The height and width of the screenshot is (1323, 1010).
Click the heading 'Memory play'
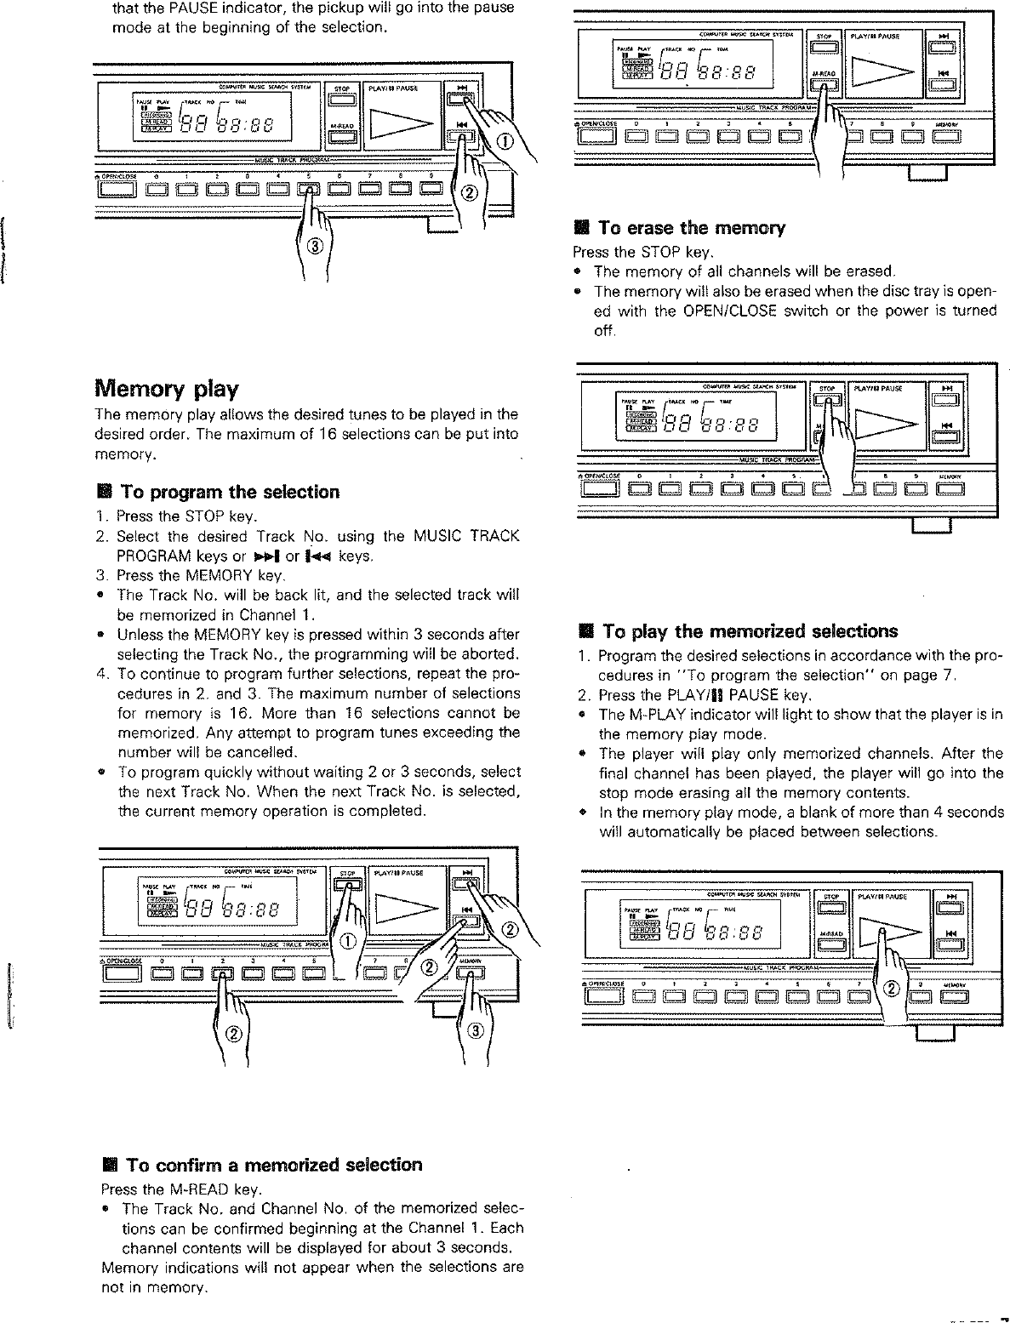tap(166, 389)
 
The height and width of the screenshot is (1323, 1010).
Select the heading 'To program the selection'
tap(229, 492)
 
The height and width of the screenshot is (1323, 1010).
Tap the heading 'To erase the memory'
tap(691, 228)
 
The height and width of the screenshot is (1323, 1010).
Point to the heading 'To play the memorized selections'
tap(750, 631)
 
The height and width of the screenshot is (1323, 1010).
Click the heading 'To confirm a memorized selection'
tap(273, 1165)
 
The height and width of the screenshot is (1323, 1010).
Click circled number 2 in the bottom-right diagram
tap(892, 989)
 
